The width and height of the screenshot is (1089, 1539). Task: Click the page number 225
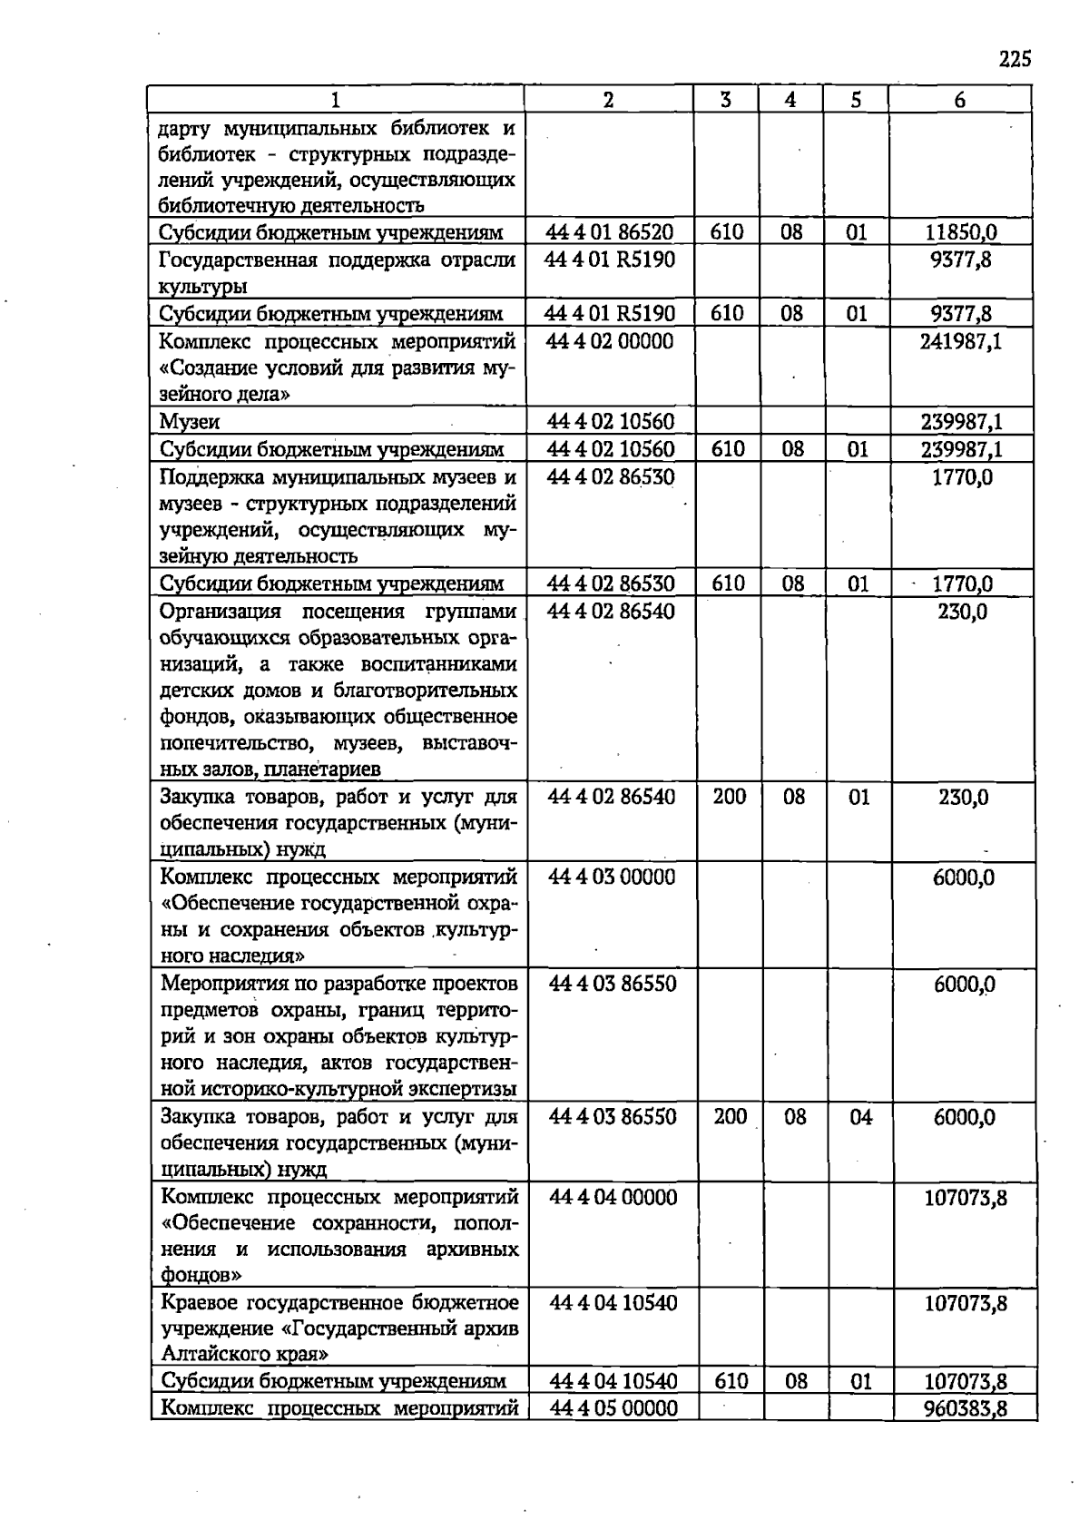1015,60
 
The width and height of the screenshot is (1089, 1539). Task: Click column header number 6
960,100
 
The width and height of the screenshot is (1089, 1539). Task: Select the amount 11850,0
961,232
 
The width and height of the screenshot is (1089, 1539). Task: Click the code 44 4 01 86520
609,232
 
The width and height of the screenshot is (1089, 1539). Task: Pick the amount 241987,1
961,342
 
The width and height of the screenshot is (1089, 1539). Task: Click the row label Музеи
190,422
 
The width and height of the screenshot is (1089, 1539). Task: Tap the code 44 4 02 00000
609,342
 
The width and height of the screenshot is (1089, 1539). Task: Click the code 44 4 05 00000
613,1408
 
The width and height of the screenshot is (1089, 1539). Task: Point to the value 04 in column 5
860,1117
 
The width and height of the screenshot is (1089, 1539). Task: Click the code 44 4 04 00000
613,1198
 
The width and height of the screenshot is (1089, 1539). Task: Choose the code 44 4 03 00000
612,877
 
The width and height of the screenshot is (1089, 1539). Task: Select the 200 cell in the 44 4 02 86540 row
729,797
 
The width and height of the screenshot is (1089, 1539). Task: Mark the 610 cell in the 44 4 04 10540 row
731,1382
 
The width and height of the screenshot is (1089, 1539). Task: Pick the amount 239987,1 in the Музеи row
961,422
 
